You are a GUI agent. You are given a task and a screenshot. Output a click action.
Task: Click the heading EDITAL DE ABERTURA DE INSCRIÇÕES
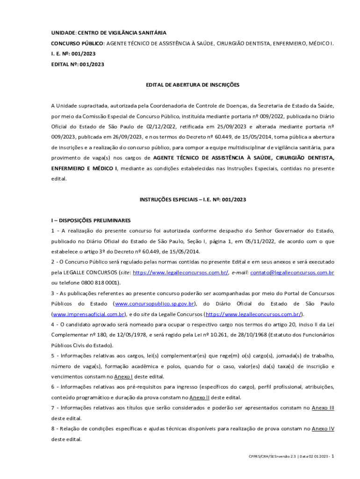[193, 85]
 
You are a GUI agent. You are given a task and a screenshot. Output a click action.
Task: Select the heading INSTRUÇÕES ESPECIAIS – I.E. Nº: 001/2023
[193, 199]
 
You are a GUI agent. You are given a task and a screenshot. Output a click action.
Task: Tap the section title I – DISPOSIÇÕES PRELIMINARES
[91, 220]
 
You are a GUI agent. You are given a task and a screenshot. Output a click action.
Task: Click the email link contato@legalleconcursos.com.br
[292, 272]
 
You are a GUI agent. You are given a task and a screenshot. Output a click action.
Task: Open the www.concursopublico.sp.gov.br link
[154, 304]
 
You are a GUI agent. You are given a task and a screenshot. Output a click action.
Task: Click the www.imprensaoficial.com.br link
[88, 314]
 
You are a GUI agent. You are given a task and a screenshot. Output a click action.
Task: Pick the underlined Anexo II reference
[200, 398]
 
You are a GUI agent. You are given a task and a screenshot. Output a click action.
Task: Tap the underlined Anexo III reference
[323, 408]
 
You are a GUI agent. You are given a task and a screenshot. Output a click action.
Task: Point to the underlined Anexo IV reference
[323, 428]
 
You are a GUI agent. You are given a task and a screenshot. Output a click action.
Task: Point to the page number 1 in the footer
[332, 456]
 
